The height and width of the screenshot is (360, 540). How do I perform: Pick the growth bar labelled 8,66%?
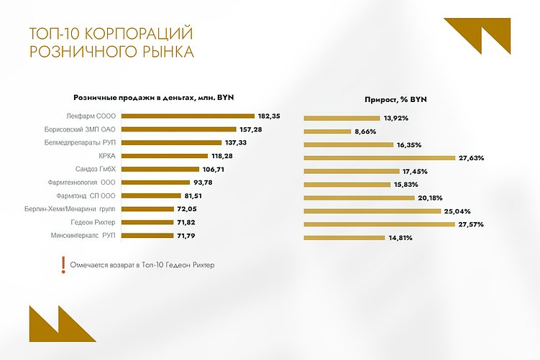point(326,131)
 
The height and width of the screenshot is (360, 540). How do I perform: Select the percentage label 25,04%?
point(457,211)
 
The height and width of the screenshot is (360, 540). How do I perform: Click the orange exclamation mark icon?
point(63,264)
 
